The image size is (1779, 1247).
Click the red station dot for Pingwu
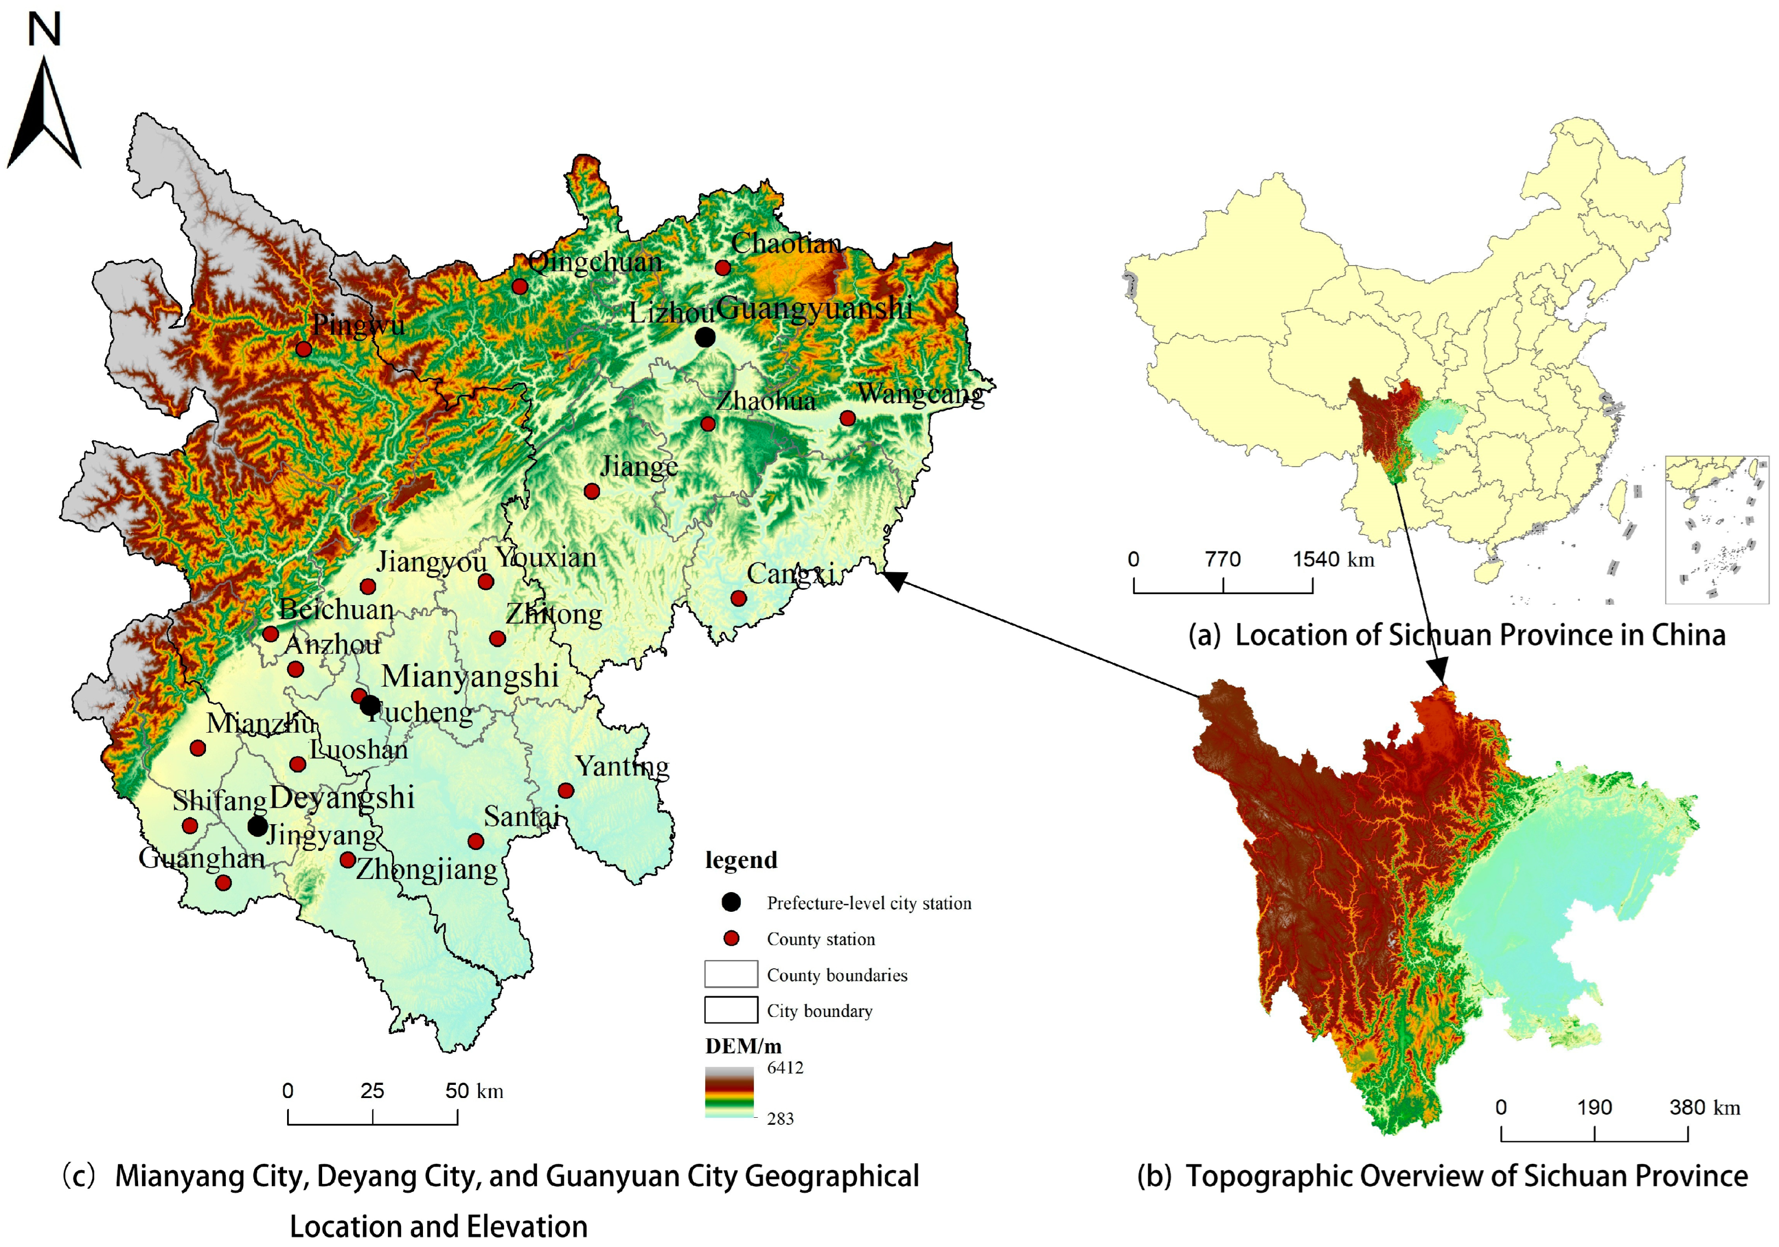coord(304,349)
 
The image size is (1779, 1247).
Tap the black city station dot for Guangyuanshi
coord(705,338)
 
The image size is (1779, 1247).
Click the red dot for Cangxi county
coord(739,599)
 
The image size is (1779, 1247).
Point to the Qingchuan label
coord(595,262)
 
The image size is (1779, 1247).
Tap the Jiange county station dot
coord(592,491)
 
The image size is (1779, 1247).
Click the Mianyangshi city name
coord(470,676)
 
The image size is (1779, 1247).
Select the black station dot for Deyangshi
coord(258,826)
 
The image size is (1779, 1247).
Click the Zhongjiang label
coord(427,869)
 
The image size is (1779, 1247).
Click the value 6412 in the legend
coord(785,1068)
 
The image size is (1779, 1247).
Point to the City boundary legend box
coord(731,1010)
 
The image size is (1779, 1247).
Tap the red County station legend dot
coord(731,939)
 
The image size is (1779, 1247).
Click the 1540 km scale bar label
coord(1332,559)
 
